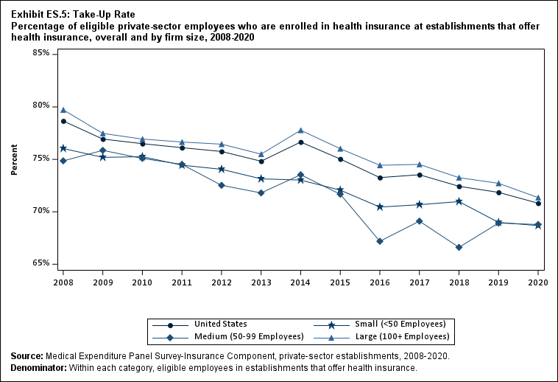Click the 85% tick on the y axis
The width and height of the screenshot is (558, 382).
pos(40,54)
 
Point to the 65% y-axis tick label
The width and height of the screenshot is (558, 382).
pos(40,264)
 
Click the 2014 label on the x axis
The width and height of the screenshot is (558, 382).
pos(300,282)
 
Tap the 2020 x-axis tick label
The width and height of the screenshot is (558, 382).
pos(538,282)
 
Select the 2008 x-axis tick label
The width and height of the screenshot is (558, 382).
pos(63,282)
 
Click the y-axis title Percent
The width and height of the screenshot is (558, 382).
pos(14,159)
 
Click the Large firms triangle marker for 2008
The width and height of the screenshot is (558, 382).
pos(63,110)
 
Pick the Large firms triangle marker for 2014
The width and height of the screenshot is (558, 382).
pos(300,131)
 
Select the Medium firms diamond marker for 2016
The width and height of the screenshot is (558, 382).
pos(379,241)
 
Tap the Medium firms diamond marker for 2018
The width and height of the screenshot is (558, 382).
pos(459,247)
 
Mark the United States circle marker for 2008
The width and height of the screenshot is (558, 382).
pos(63,121)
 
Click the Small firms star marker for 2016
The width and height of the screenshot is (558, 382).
pos(379,207)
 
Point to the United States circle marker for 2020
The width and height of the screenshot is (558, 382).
pos(538,203)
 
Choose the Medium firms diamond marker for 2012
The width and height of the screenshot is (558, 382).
pos(222,185)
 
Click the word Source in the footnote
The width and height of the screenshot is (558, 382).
pos(27,356)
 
